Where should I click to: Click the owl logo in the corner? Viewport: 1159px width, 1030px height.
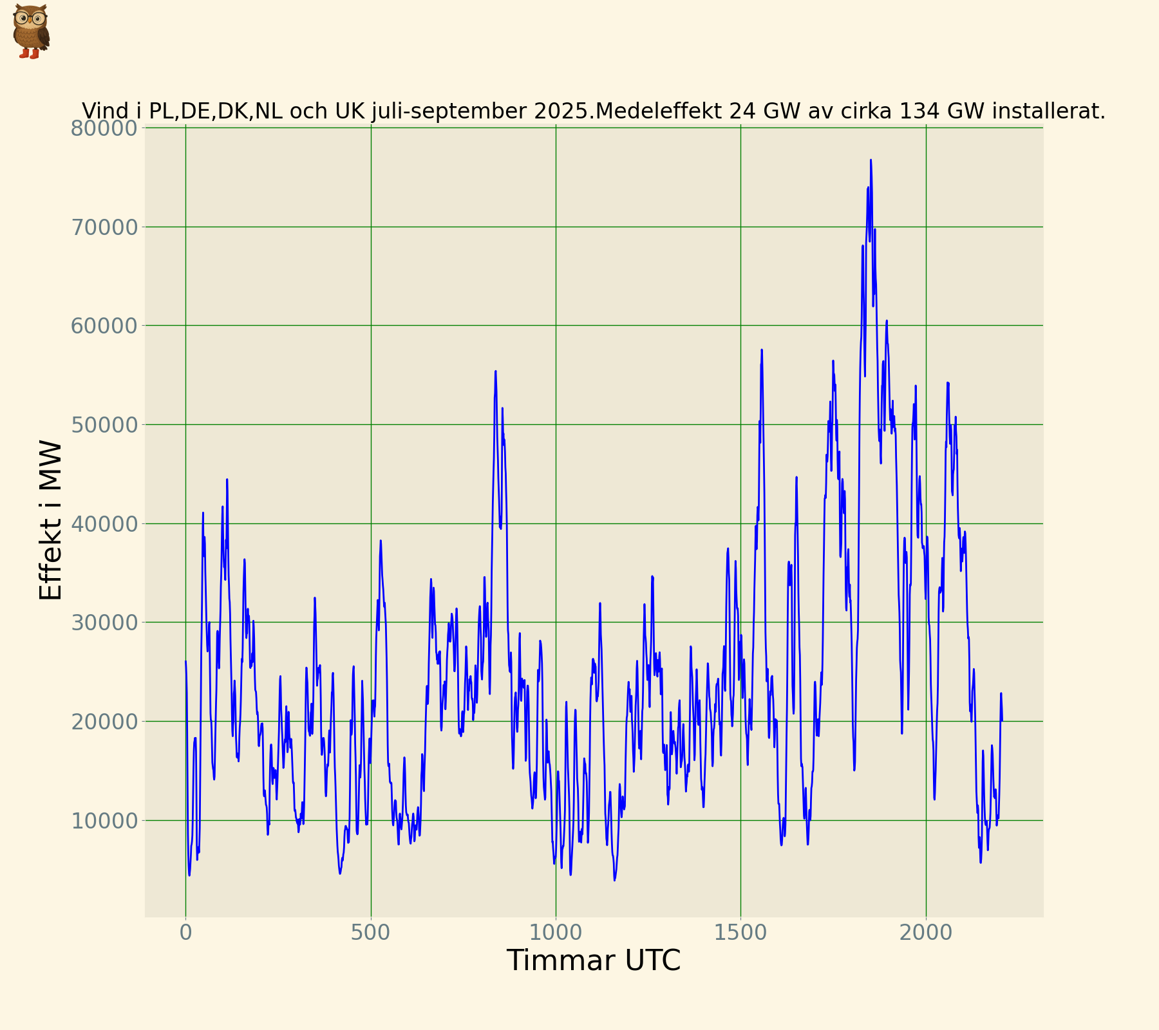[x=30, y=31]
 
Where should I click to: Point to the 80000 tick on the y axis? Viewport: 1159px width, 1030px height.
[x=104, y=128]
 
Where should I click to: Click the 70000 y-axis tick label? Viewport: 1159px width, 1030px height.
[x=104, y=227]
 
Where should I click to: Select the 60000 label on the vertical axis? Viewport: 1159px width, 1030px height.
[x=104, y=326]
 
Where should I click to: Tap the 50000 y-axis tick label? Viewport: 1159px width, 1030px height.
[x=104, y=425]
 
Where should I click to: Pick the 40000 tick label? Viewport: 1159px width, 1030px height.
[x=104, y=524]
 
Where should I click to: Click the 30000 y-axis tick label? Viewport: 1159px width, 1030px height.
[x=104, y=623]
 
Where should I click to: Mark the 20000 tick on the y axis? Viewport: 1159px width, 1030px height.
[x=104, y=722]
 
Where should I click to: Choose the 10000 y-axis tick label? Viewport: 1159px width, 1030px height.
[x=104, y=821]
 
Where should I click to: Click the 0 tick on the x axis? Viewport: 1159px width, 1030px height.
[x=186, y=933]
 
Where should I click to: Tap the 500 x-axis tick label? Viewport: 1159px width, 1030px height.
[x=371, y=933]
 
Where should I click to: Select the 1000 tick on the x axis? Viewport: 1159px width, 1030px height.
[x=556, y=933]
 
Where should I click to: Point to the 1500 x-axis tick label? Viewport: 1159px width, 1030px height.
[x=740, y=933]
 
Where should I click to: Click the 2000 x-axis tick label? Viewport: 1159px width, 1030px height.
[x=926, y=933]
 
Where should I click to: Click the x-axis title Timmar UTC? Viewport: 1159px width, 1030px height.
[x=593, y=961]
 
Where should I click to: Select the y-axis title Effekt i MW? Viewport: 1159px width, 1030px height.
[x=51, y=520]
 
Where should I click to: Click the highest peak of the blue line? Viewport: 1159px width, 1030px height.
[x=871, y=160]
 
